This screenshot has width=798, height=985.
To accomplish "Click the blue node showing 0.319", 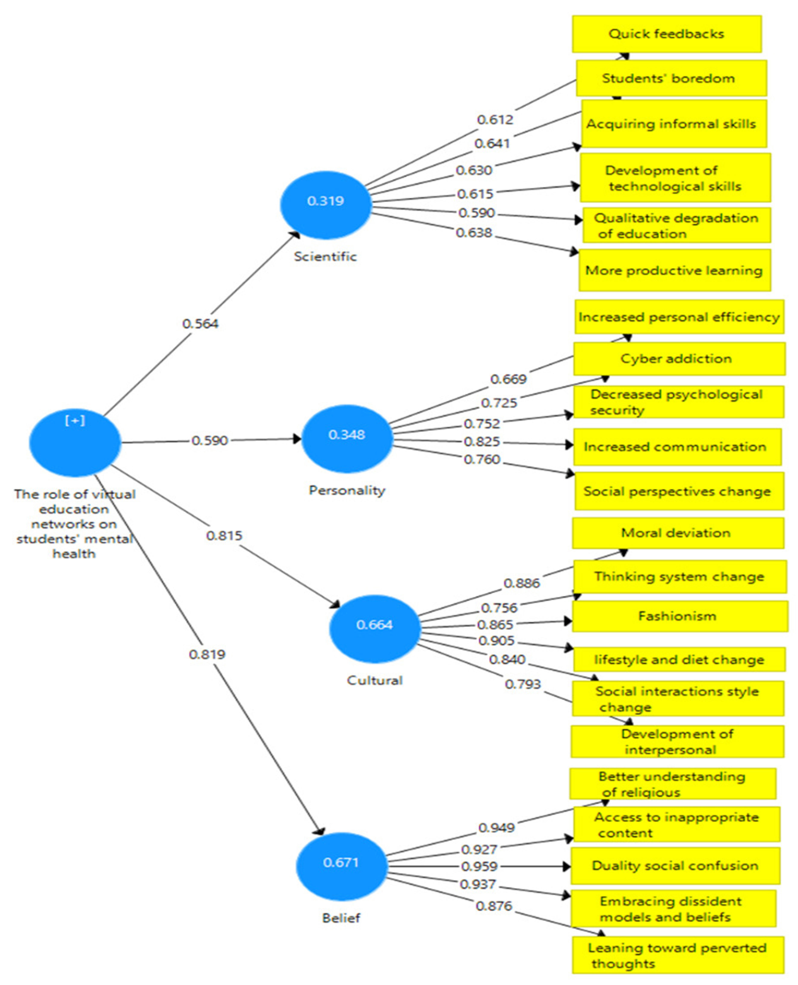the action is click(325, 205).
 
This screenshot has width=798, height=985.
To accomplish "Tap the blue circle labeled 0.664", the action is click(375, 628).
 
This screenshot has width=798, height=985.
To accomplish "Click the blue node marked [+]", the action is click(75, 442).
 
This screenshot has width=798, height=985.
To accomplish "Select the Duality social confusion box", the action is click(675, 866).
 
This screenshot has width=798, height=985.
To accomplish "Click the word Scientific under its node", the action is click(325, 256).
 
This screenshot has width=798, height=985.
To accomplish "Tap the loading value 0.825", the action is click(482, 441).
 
